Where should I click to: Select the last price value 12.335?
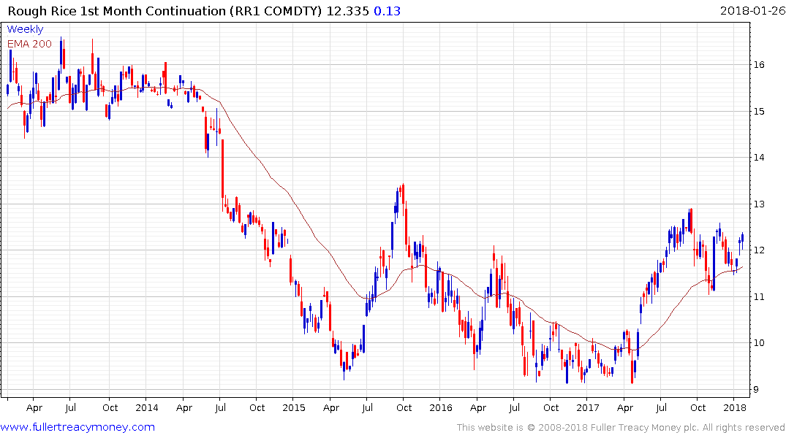tap(344, 11)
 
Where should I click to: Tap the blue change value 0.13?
tap(388, 11)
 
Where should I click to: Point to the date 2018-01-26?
tap(750, 11)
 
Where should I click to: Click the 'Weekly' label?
tap(25, 30)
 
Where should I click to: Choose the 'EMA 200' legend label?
tap(31, 44)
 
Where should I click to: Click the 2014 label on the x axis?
tap(146, 407)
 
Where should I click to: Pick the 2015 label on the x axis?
tap(293, 407)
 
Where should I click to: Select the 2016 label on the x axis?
tap(440, 407)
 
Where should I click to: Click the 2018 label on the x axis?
tap(734, 407)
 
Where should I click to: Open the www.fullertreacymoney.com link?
tap(78, 427)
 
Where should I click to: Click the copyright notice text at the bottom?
tap(621, 427)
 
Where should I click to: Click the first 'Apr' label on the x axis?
tap(34, 407)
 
